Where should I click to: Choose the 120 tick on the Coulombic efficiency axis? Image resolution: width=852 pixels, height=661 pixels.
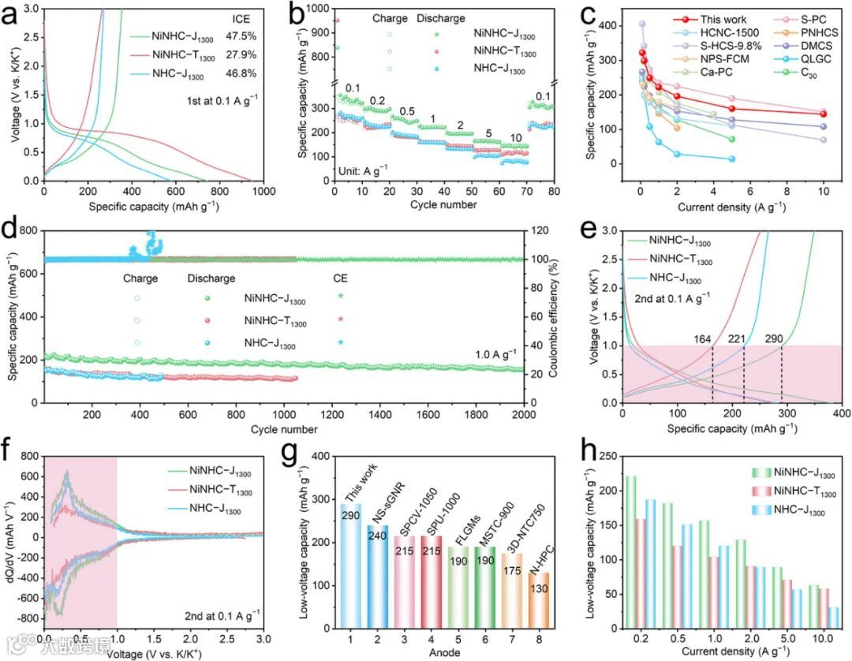(540, 231)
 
